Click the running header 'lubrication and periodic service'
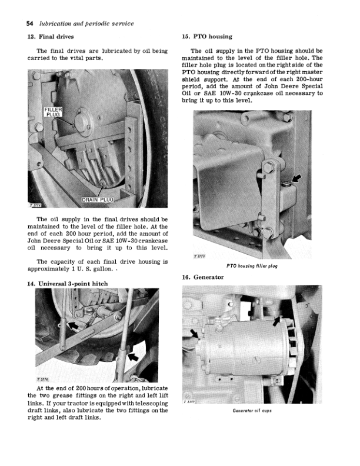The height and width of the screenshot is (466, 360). [x=86, y=24]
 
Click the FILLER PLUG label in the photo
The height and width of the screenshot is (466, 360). [x=53, y=113]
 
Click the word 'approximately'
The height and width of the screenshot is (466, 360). [x=54, y=269]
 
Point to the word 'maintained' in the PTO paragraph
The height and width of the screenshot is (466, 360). [x=202, y=59]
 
